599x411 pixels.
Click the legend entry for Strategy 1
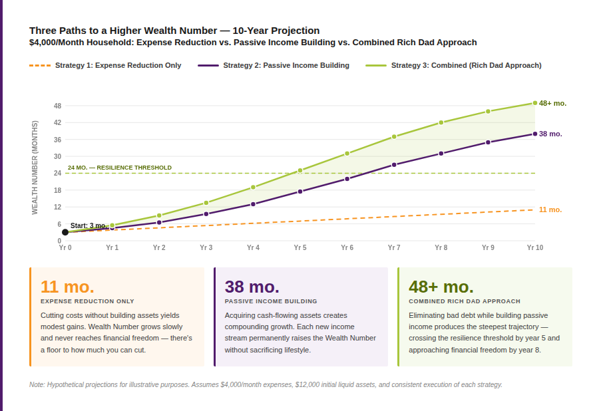(x=105, y=65)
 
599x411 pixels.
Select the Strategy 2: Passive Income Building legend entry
(x=274, y=65)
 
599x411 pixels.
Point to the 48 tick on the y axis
(x=57, y=106)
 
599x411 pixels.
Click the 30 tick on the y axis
(x=57, y=156)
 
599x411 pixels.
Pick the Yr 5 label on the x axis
(x=300, y=247)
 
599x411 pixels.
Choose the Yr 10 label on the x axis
(x=534, y=247)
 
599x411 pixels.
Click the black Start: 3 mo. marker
(x=65, y=232)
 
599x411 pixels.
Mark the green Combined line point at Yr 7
(x=394, y=136)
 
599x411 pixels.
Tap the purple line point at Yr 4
(x=253, y=204)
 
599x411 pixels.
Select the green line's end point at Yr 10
(x=534, y=103)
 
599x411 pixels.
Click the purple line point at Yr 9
(x=488, y=142)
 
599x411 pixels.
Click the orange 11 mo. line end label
(x=550, y=209)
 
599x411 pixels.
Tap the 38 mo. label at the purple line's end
(x=550, y=134)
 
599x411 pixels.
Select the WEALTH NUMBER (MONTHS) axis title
(x=35, y=167)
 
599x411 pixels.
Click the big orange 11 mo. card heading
(x=67, y=287)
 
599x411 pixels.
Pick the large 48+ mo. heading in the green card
(x=441, y=287)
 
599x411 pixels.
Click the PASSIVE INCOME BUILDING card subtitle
(x=271, y=301)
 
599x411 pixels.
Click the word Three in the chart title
(x=43, y=31)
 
